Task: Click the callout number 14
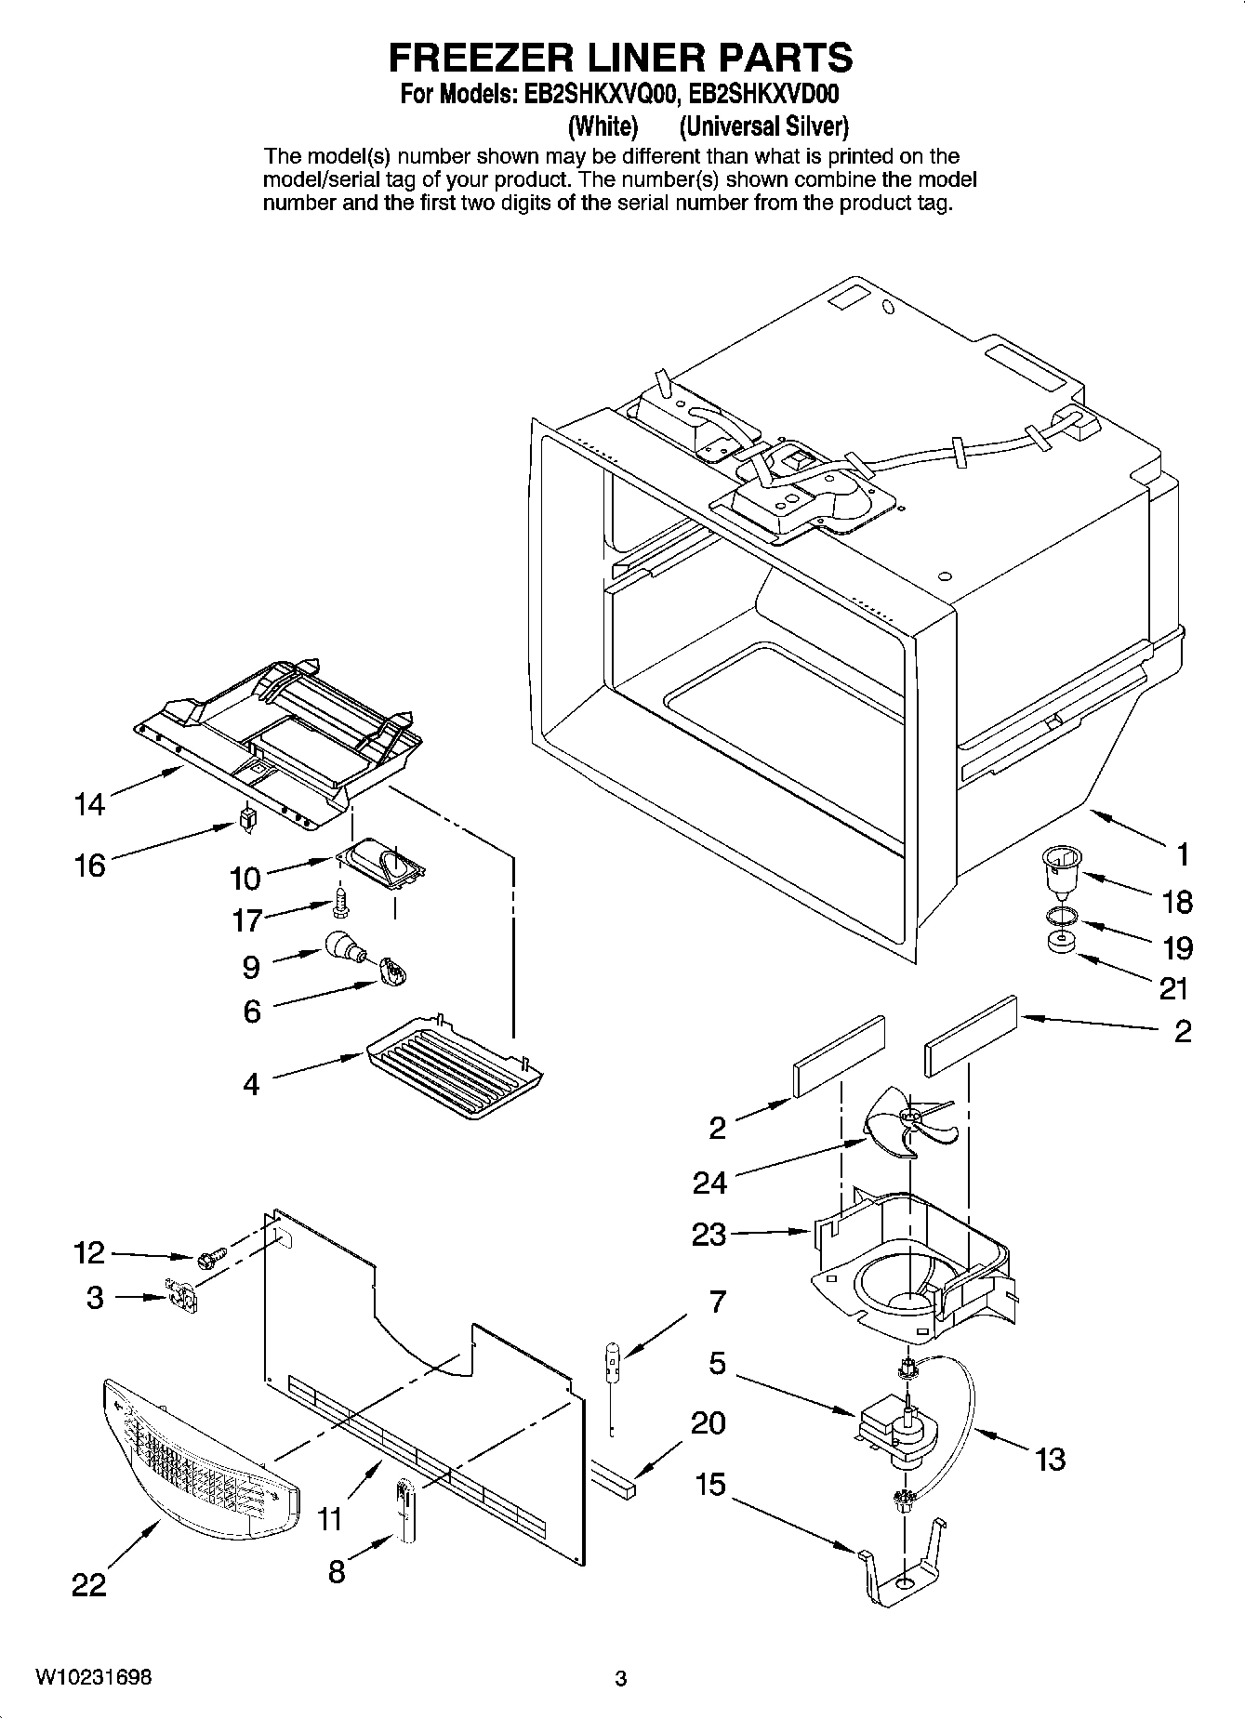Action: click(89, 804)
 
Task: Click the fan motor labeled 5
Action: click(890, 1426)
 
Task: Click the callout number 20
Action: click(709, 1422)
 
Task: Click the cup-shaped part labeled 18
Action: click(1054, 870)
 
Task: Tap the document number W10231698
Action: click(94, 1677)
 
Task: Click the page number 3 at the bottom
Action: click(620, 1678)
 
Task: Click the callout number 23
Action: click(709, 1235)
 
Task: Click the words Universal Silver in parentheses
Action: click(763, 126)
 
